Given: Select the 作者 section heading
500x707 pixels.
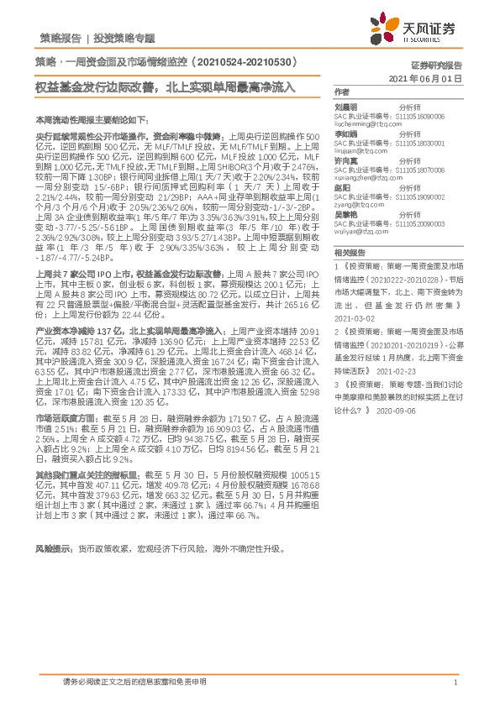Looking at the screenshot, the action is click(341, 92).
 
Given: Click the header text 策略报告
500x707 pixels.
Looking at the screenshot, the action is click(60, 38).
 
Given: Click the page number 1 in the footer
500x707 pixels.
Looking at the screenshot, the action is click(454, 683).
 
